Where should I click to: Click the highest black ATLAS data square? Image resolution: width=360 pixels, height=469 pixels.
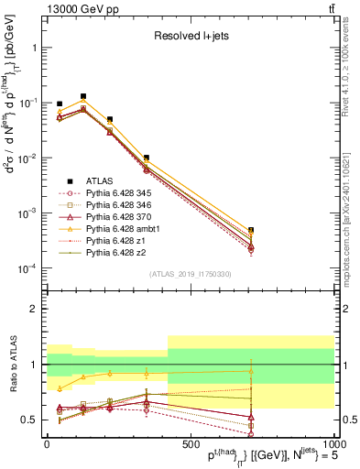click(83, 96)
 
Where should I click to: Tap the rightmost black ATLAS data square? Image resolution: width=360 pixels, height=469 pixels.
click(251, 230)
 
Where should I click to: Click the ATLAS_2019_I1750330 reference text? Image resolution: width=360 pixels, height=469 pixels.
click(192, 274)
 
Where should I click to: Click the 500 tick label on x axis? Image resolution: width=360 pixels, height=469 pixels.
click(191, 443)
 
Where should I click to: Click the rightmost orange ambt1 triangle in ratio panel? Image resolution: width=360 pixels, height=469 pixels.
click(251, 371)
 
